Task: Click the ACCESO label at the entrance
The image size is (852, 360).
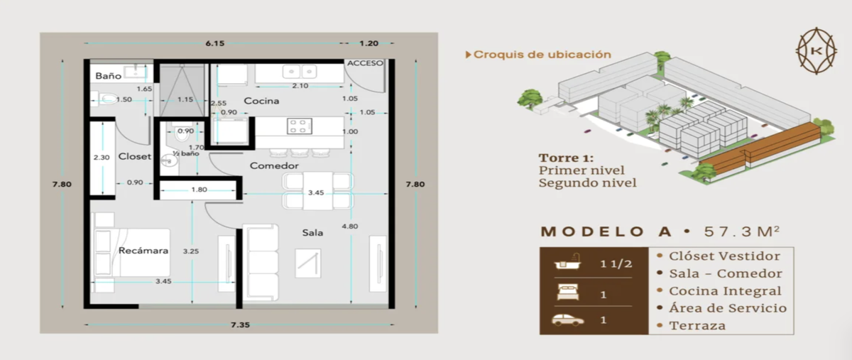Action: pyautogui.click(x=365, y=63)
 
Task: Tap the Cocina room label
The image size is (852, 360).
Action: pyautogui.click(x=261, y=101)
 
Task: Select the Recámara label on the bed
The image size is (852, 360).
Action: pyautogui.click(x=143, y=251)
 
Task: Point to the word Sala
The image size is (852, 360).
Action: pyautogui.click(x=312, y=232)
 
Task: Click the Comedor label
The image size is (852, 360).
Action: pyautogui.click(x=274, y=165)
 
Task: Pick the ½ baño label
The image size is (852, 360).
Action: pyautogui.click(x=185, y=153)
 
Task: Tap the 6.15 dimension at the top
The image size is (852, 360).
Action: pyautogui.click(x=215, y=43)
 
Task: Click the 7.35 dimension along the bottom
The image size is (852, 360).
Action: pyautogui.click(x=241, y=324)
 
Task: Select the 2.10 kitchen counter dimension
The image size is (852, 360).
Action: pyautogui.click(x=300, y=86)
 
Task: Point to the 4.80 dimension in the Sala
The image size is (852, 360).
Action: pyautogui.click(x=350, y=227)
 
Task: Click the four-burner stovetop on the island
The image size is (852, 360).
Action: pyautogui.click(x=300, y=126)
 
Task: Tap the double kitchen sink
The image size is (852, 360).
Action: pyautogui.click(x=300, y=71)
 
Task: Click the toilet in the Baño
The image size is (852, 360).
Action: pyautogui.click(x=104, y=99)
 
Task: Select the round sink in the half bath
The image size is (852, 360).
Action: pyautogui.click(x=168, y=161)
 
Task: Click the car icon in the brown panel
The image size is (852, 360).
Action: pyautogui.click(x=567, y=320)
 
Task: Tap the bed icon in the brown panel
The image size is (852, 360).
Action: pyautogui.click(x=568, y=293)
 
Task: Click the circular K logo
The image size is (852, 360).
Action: pyautogui.click(x=816, y=50)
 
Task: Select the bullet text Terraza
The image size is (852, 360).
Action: pyautogui.click(x=697, y=326)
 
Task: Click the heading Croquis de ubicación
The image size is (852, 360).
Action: pyautogui.click(x=542, y=55)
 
